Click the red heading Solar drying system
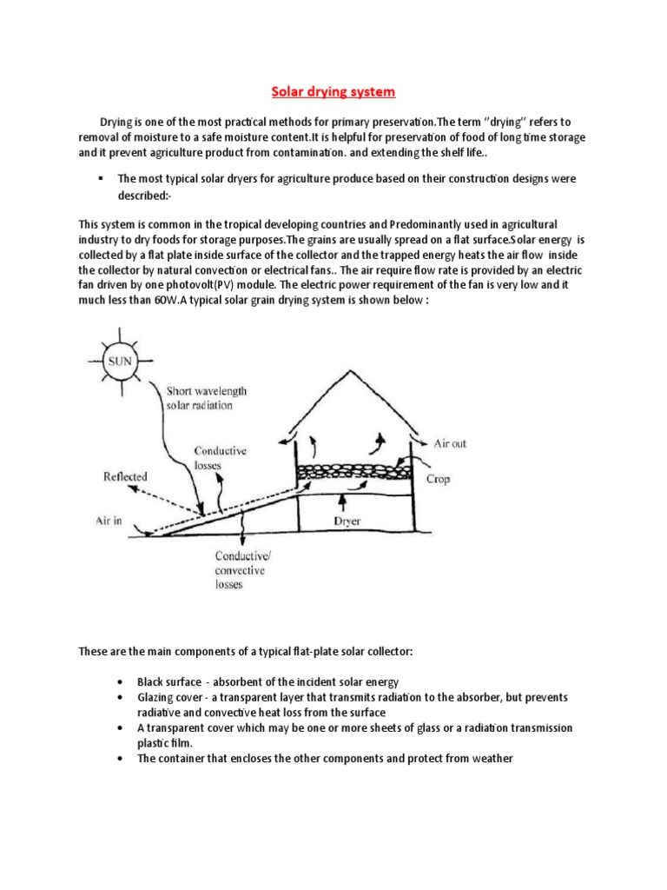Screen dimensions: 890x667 click(x=333, y=91)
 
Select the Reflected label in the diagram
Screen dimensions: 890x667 click(x=126, y=476)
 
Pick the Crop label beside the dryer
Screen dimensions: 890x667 click(x=438, y=479)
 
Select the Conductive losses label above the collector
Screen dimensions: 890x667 click(x=220, y=457)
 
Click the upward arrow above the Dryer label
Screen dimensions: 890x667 click(x=346, y=501)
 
